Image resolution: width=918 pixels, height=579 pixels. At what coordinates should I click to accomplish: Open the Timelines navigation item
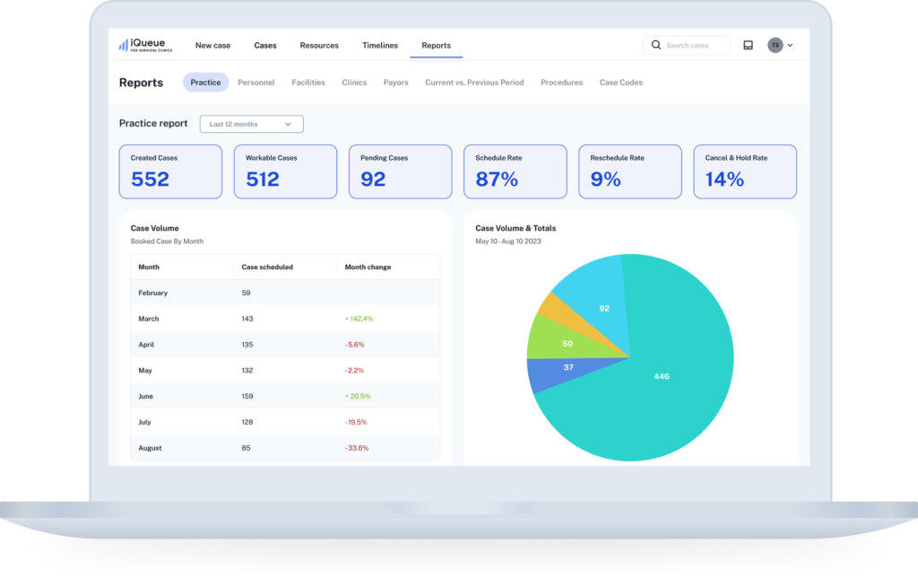pos(380,46)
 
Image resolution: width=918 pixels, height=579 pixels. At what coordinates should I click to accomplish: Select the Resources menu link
pos(319,46)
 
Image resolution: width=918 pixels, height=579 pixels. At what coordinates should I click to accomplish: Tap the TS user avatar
pos(775,46)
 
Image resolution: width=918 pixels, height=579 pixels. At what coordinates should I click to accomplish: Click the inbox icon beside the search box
pos(749,46)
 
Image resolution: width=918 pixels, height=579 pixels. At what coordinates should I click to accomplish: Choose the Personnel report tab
pos(256,83)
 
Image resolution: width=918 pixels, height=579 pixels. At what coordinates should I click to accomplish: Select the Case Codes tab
pos(621,83)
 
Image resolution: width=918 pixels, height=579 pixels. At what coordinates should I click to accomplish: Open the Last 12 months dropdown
pos(251,124)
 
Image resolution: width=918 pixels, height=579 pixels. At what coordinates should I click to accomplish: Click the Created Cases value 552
pos(150,180)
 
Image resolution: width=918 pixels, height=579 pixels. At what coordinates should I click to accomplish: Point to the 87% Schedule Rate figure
pos(497,180)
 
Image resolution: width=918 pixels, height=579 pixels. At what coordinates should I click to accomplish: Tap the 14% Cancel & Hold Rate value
pos(724,180)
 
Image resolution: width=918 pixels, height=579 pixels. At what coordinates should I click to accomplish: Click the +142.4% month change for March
pos(359,319)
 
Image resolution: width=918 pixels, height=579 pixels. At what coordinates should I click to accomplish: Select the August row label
pos(150,448)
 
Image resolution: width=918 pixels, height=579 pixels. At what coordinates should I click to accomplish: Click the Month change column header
pos(368,268)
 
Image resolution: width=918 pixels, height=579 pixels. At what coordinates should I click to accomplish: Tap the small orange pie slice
pos(549,307)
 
